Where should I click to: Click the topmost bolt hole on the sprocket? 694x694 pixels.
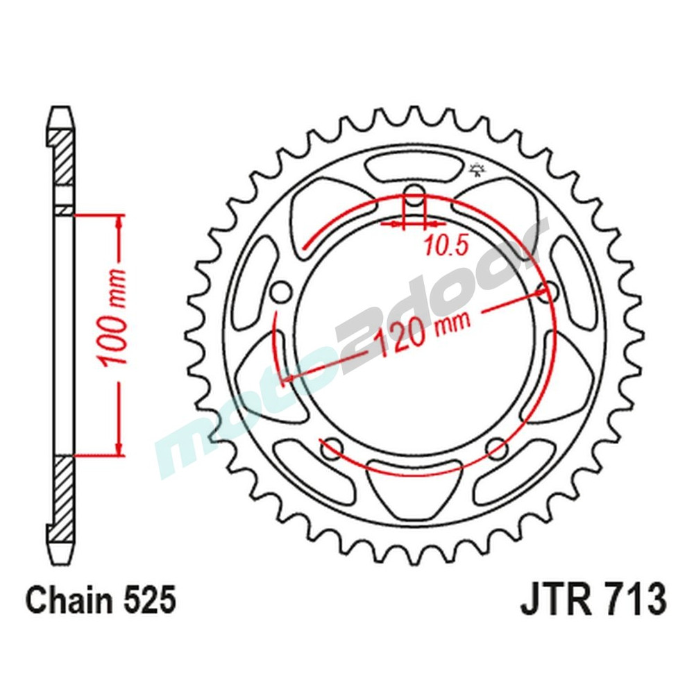pos(414,196)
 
